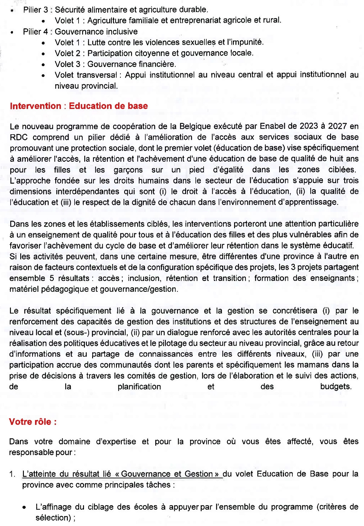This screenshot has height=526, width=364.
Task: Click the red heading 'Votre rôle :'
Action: coord(33,422)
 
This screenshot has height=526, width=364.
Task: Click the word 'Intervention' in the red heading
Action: coord(35,106)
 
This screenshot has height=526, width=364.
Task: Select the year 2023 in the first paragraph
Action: coord(309,126)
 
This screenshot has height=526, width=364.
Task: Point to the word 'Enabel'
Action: coord(272,126)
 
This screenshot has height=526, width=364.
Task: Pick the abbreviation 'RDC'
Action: coord(19,137)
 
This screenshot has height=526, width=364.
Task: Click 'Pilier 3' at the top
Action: coord(35,10)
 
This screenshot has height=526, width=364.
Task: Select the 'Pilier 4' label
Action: coord(35,31)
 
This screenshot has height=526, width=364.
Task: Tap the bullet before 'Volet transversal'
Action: coord(43,75)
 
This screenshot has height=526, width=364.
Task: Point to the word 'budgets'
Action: coord(336,387)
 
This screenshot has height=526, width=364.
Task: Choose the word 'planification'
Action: coord(139,387)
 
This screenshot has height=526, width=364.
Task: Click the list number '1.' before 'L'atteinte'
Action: coord(12,474)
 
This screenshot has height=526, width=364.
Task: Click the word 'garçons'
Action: coord(128,170)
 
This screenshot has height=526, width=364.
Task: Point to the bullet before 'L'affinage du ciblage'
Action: coord(24,508)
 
